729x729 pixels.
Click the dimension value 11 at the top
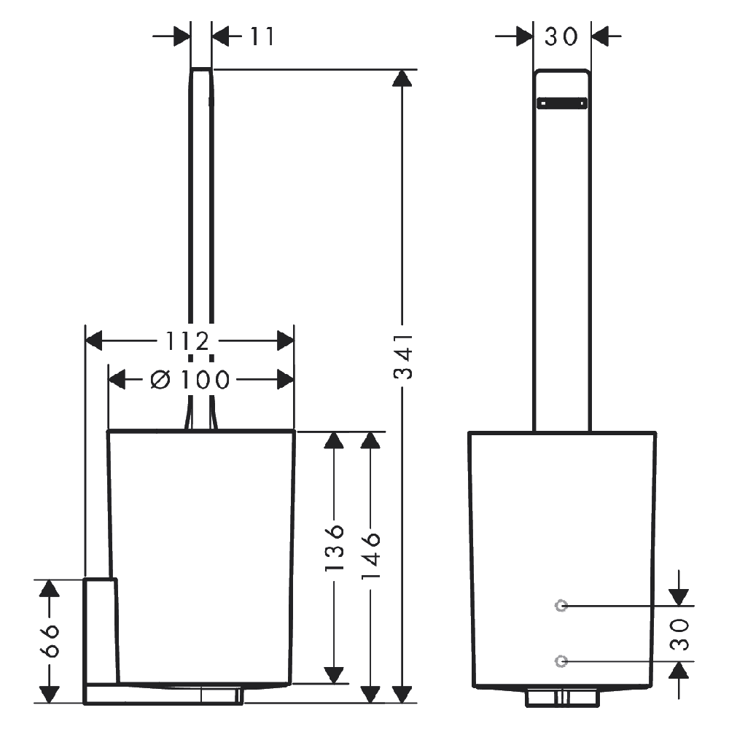262,36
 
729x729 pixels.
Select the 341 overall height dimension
402,356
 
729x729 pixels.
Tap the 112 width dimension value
188,341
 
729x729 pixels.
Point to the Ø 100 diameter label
190,380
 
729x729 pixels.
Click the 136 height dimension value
334,548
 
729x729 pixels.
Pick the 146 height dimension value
370,555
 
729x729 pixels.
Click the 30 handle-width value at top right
561,36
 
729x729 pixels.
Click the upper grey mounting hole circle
561,606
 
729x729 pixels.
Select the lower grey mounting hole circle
561,660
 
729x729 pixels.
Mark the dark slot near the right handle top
561,104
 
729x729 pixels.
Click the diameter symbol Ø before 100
160,380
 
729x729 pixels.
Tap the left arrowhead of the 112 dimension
94,340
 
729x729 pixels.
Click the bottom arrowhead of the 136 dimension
334,675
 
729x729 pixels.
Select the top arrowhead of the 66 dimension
50,588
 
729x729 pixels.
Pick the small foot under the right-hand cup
563,698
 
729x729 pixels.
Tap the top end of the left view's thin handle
201,69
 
